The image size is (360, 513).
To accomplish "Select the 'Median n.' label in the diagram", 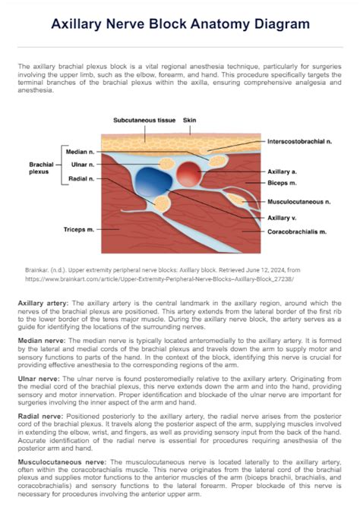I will pyautogui.click(x=80, y=153).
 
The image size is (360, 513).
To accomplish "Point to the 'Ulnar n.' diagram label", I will pyautogui.click(x=82, y=165).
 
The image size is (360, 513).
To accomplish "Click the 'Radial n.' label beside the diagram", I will pyautogui.click(x=81, y=178).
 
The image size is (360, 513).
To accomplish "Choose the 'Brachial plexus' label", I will pyautogui.click(x=41, y=168).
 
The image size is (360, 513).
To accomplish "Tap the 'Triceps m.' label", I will pyautogui.click(x=79, y=229).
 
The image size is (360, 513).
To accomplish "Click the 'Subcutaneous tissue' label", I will pyautogui.click(x=144, y=121).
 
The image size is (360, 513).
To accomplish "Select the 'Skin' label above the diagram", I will pyautogui.click(x=190, y=121).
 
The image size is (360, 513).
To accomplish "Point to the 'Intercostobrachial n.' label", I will pyautogui.click(x=300, y=142).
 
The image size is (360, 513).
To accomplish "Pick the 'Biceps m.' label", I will pyautogui.click(x=282, y=183).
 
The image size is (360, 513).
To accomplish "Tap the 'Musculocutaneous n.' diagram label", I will pyautogui.click(x=298, y=202).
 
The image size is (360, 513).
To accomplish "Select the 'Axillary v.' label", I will pyautogui.click(x=283, y=218).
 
